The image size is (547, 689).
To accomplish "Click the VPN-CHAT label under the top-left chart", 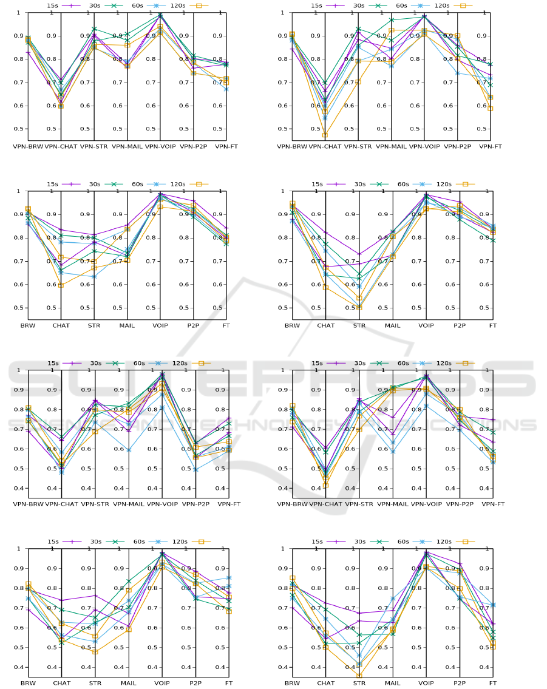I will pyautogui.click(x=61, y=146).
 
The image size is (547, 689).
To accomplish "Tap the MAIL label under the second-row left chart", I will pyautogui.click(x=127, y=325).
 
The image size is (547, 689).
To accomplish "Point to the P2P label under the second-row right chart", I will pyautogui.click(x=458, y=325).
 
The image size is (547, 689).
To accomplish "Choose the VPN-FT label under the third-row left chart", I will pyautogui.click(x=229, y=504).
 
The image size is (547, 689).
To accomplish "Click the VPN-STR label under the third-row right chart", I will pyautogui.click(x=359, y=504).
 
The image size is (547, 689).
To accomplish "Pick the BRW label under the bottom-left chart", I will pyautogui.click(x=28, y=683).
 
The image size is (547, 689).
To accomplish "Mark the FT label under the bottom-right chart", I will pyautogui.click(x=492, y=683).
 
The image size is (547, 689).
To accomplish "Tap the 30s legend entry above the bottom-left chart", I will pyautogui.click(x=95, y=541).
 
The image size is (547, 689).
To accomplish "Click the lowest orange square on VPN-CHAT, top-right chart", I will pyautogui.click(x=325, y=135).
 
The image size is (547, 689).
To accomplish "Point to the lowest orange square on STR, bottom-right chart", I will pyautogui.click(x=359, y=675).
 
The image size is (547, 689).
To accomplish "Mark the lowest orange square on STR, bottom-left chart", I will pyautogui.click(x=95, y=651).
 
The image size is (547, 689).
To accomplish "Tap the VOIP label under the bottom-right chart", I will pyautogui.click(x=426, y=683).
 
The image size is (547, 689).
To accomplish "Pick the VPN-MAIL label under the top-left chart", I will pyautogui.click(x=128, y=146).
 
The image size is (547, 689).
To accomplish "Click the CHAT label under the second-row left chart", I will pyautogui.click(x=61, y=325).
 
